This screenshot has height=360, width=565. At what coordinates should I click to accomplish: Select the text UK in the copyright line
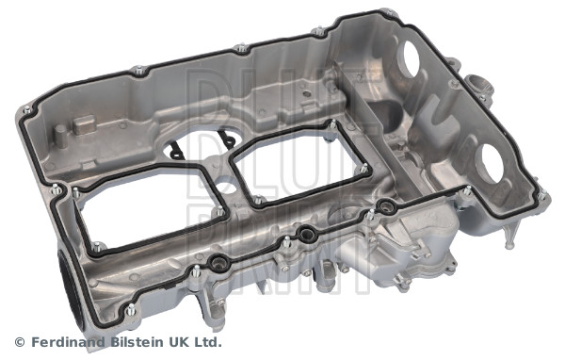[x=183, y=342]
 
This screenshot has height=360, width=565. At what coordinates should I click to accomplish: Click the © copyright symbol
[x=19, y=342]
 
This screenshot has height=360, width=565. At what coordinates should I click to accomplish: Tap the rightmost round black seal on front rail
[x=384, y=206]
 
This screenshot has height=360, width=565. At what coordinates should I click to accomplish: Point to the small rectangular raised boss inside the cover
[x=82, y=124]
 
